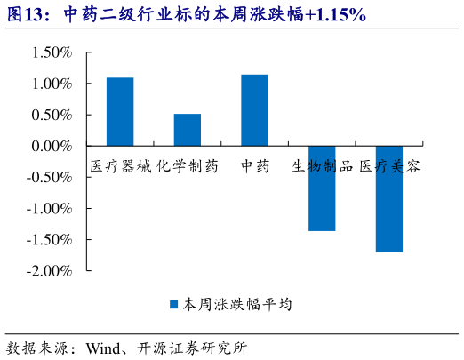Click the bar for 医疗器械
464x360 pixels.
[x=120, y=111]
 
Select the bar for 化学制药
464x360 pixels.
[x=187, y=130]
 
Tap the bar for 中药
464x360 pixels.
[x=254, y=109]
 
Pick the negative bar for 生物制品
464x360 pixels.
[x=322, y=188]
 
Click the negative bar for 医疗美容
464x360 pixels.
[x=388, y=199]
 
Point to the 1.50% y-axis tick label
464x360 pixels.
[x=52, y=52]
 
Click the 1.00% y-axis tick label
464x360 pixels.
[x=52, y=84]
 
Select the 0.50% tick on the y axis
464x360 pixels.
[x=52, y=115]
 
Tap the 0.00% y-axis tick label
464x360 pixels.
[x=52, y=146]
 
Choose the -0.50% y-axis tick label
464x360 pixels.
[x=49, y=177]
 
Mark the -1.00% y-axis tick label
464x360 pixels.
[x=49, y=208]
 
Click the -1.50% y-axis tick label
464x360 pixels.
[x=49, y=239]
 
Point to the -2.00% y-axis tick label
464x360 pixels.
[x=49, y=270]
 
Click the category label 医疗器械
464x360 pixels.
[x=121, y=165]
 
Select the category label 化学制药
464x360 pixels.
[x=188, y=165]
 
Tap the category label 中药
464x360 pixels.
[x=254, y=165]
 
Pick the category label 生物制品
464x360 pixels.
[x=322, y=165]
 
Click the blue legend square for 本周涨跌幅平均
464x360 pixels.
[x=175, y=305]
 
